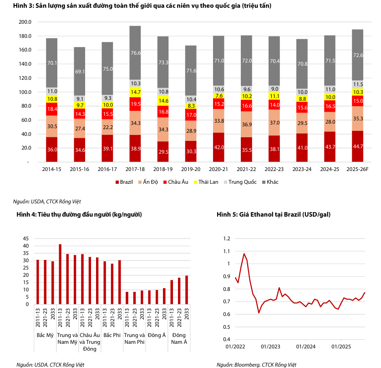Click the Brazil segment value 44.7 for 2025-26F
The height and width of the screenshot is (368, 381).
click(x=358, y=146)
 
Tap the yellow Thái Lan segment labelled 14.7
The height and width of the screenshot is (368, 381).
click(x=135, y=92)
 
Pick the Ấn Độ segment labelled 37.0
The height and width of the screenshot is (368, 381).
click(x=274, y=123)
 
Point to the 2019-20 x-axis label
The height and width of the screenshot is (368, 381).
click(x=191, y=169)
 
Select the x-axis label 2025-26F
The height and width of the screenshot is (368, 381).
click(x=357, y=169)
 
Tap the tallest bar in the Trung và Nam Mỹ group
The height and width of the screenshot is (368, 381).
click(x=60, y=274)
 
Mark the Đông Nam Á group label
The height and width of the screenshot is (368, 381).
click(x=178, y=339)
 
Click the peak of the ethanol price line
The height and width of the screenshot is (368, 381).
click(x=244, y=254)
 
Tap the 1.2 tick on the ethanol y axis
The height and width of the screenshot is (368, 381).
click(x=228, y=238)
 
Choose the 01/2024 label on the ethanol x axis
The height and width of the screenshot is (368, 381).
click(x=306, y=347)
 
